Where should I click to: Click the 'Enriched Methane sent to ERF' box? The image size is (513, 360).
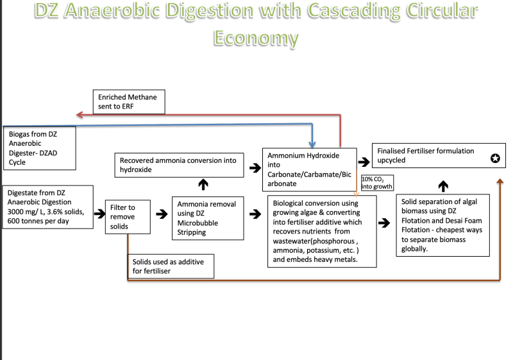point(129,102)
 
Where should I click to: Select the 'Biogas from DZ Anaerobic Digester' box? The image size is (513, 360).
point(40,148)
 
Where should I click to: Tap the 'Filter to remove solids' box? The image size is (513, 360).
point(128,217)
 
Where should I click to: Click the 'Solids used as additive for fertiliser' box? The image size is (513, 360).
point(171,266)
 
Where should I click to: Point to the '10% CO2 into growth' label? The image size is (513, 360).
point(377,183)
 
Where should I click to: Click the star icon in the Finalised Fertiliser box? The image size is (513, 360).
point(495,159)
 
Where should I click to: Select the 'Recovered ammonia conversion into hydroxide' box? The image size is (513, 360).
point(179,166)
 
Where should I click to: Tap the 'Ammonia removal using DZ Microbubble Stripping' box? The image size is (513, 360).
point(208,218)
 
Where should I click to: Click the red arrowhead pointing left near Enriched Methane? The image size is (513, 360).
point(80,114)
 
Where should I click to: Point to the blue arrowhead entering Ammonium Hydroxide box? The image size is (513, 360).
point(312,144)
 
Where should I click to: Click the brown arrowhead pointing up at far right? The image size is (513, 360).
point(500,181)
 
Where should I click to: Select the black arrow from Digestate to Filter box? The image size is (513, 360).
point(100,214)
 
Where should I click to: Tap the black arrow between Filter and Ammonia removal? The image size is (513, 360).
point(162,214)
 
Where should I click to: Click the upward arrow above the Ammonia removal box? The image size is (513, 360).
point(203,184)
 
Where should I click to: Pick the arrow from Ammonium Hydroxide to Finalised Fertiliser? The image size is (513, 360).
point(364,162)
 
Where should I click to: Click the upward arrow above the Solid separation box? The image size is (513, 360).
point(443,186)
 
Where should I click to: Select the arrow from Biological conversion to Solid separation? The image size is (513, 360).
point(384,223)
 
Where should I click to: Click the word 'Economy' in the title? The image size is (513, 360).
point(256,38)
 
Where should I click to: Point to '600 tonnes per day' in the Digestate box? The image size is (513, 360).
point(38,221)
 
